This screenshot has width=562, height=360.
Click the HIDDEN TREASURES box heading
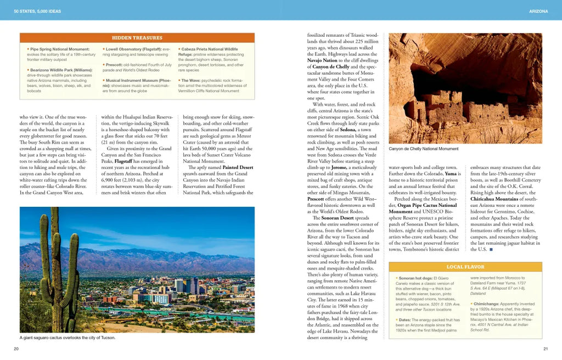tap(137, 38)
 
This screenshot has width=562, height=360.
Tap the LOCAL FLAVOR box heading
tap(465, 267)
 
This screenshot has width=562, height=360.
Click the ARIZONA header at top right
tap(538, 11)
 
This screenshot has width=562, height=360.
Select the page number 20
tap(16, 348)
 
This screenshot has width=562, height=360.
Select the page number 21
tap(545, 348)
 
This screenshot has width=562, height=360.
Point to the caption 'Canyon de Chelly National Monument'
tap(423, 149)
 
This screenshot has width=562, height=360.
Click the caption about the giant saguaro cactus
tap(68, 337)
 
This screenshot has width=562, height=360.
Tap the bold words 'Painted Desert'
tap(238, 167)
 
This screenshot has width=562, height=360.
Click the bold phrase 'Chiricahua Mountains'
tap(493, 199)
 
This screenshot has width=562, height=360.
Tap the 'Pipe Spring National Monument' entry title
tap(60, 49)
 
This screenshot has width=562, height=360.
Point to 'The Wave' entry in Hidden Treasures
tap(190, 80)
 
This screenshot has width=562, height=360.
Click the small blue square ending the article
tap(491, 250)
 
